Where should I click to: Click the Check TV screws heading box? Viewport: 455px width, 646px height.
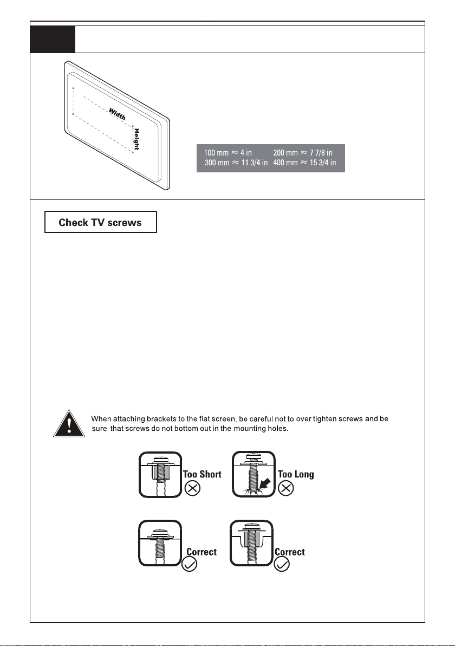point(100,222)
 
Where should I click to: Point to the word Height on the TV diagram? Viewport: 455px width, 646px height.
point(137,139)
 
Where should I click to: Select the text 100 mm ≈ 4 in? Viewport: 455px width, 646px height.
point(228,153)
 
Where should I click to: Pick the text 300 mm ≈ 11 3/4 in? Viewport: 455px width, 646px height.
point(236,163)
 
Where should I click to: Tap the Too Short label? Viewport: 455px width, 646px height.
point(203,475)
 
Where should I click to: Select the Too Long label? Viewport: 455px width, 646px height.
point(296,475)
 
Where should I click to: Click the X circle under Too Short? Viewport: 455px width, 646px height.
point(193,488)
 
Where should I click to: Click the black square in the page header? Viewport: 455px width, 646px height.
point(53,38)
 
